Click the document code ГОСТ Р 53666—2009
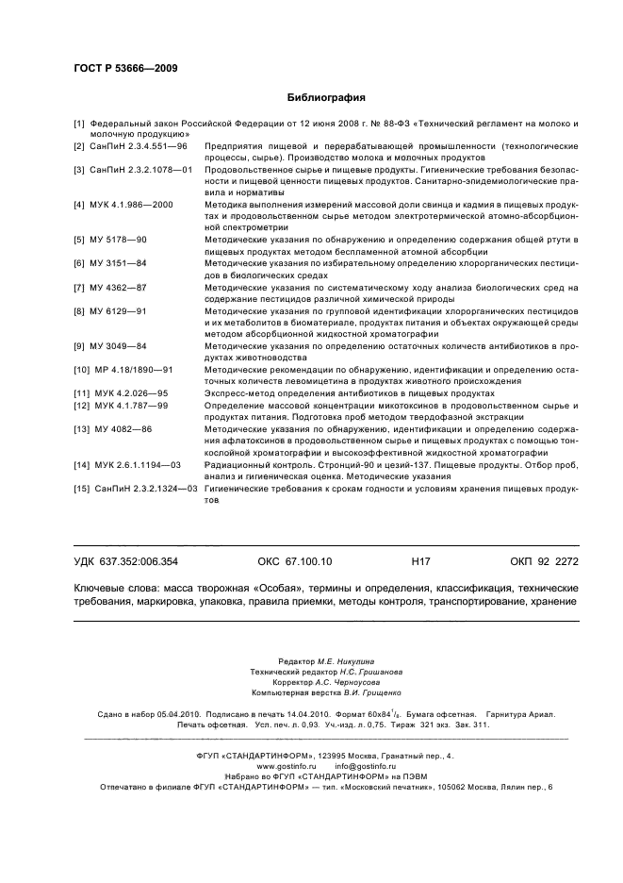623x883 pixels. tap(124, 68)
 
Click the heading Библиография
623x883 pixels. tap(325, 97)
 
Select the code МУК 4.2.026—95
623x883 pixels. tap(131, 392)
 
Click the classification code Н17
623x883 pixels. tap(421, 561)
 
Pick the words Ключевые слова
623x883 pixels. tap(114, 587)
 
